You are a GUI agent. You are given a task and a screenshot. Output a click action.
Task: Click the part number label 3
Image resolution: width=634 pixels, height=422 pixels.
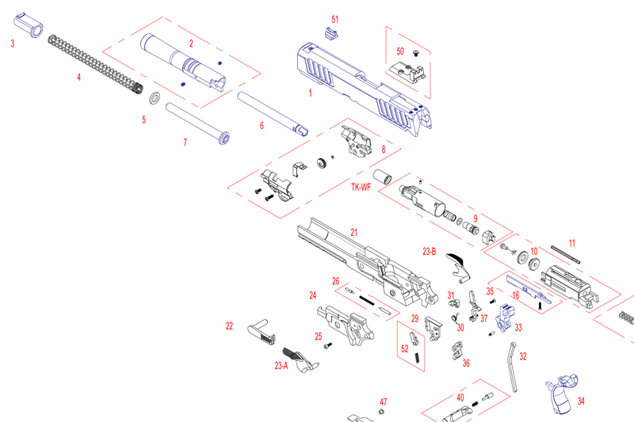pos(12,44)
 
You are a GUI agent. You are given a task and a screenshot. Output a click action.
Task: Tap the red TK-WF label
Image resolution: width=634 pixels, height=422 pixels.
pos(361,188)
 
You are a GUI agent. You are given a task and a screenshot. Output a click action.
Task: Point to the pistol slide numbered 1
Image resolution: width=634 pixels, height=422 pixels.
pos(365,83)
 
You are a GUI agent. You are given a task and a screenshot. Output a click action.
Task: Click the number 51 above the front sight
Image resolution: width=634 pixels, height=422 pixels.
pos(334,18)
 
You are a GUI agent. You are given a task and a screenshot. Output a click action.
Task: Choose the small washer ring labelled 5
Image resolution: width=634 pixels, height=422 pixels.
pos(156,99)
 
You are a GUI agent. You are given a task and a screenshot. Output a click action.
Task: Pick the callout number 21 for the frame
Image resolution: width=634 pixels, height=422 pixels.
pos(354,232)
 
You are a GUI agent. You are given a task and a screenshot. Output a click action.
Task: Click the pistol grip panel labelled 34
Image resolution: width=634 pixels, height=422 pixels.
pos(560,394)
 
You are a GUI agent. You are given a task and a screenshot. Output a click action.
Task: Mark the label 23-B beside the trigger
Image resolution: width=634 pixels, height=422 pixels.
pos(429,252)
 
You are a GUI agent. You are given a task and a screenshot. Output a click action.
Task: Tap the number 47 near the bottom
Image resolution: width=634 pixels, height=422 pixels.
pos(383,402)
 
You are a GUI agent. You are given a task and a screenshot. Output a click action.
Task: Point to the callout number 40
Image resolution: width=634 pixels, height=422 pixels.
pos(460,397)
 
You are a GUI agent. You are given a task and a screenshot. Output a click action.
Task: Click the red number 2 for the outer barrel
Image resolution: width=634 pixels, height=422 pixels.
pos(191,43)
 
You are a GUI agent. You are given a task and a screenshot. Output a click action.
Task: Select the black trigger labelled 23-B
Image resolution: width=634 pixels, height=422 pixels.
pos(459,264)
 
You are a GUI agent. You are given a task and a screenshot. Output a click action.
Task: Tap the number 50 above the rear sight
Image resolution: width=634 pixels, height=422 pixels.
pos(400,50)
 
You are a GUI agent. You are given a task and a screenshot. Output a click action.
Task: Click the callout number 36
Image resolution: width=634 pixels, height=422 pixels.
pos(466,363)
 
